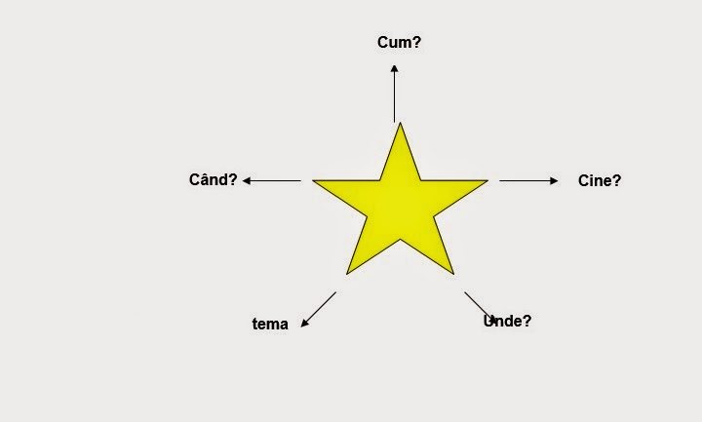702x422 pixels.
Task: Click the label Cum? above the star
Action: pyautogui.click(x=399, y=42)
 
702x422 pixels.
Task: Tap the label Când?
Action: pyautogui.click(x=213, y=179)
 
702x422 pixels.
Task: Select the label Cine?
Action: pyautogui.click(x=599, y=180)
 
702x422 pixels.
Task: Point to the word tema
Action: pyautogui.click(x=270, y=325)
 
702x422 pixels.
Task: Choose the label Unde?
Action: pyautogui.click(x=508, y=321)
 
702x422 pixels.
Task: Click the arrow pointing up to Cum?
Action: pyautogui.click(x=394, y=93)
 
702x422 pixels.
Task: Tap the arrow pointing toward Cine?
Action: pyautogui.click(x=528, y=180)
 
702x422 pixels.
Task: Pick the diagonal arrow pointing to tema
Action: pyautogui.click(x=319, y=309)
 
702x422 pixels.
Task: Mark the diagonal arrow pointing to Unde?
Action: pyautogui.click(x=480, y=306)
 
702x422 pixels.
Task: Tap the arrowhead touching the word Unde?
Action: pyautogui.click(x=493, y=319)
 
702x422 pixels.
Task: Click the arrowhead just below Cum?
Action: pyautogui.click(x=394, y=67)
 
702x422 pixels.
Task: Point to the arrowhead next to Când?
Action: pyautogui.click(x=247, y=180)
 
